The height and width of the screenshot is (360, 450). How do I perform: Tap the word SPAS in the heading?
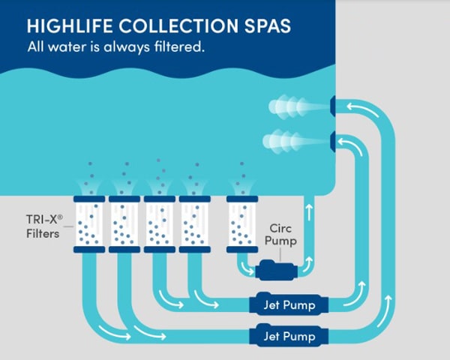click(x=265, y=25)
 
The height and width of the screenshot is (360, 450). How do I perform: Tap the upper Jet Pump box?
click(x=288, y=304)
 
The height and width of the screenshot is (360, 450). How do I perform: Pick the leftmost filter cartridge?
click(x=89, y=224)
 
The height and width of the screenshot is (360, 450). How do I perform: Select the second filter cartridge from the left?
click(x=124, y=224)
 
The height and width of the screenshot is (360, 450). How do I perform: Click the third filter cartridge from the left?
click(x=159, y=224)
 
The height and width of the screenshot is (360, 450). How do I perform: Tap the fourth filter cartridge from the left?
click(x=194, y=224)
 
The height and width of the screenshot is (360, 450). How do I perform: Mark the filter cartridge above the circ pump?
click(x=242, y=224)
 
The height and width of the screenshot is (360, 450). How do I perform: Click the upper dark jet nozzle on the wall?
click(x=332, y=106)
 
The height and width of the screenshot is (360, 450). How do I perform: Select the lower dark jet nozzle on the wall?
click(x=332, y=139)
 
